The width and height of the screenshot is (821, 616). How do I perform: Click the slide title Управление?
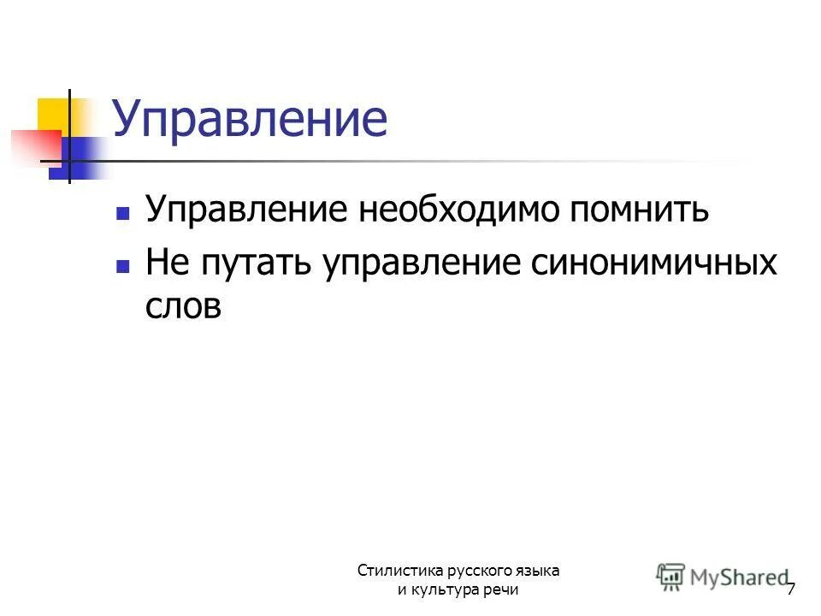pyautogui.click(x=249, y=120)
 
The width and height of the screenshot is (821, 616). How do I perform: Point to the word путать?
pyautogui.click(x=258, y=263)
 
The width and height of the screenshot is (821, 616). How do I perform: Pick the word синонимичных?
pyautogui.click(x=653, y=263)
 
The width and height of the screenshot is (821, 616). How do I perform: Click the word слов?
pyautogui.click(x=183, y=305)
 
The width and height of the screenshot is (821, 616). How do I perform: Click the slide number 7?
pyautogui.click(x=791, y=589)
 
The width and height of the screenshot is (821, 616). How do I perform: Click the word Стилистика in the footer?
pyautogui.click(x=399, y=571)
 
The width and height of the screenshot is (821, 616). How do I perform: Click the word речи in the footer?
pyautogui.click(x=499, y=590)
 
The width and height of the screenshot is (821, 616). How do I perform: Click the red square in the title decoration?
pyautogui.click(x=34, y=145)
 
